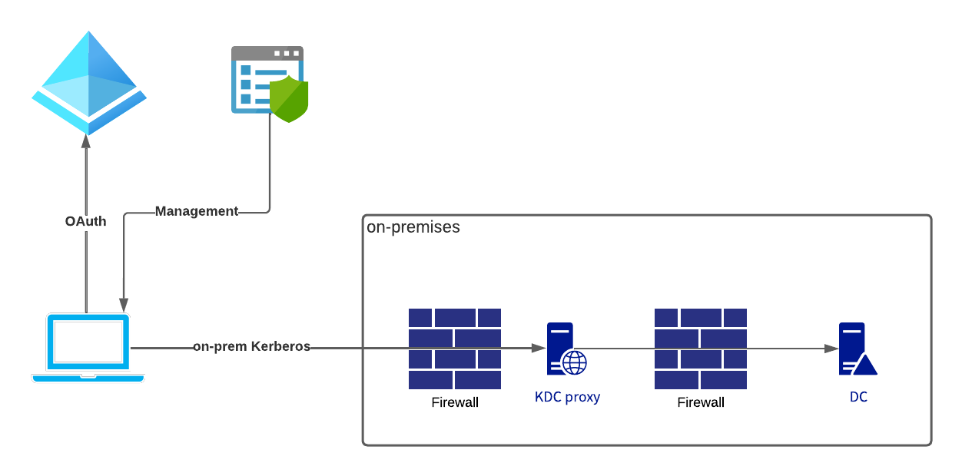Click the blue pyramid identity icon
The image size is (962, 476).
(x=89, y=83)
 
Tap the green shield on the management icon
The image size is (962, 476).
(x=289, y=99)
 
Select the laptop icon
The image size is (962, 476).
(x=88, y=348)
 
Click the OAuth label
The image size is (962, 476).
(x=85, y=221)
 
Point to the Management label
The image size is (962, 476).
(x=196, y=211)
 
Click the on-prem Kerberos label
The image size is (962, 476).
(x=251, y=346)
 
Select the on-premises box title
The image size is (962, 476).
(x=413, y=227)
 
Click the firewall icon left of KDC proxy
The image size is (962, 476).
(x=455, y=349)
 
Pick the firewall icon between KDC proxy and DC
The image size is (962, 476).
(x=701, y=349)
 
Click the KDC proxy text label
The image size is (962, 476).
(x=567, y=397)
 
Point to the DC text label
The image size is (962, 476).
(x=858, y=397)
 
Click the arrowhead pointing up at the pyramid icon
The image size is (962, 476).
(x=86, y=140)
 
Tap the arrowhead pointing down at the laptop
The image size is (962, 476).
(x=124, y=306)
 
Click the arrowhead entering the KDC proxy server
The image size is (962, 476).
(x=539, y=348)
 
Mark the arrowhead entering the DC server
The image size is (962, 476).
(x=831, y=349)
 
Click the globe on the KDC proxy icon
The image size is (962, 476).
(x=575, y=362)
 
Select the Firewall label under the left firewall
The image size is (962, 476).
(x=455, y=402)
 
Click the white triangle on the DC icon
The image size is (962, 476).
(x=865, y=365)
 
